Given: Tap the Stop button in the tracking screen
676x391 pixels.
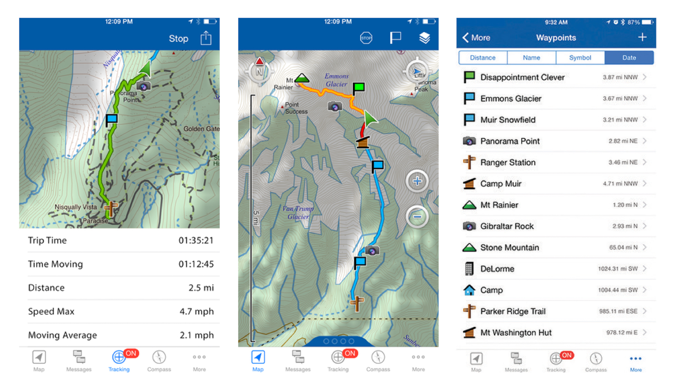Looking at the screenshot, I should [x=178, y=39].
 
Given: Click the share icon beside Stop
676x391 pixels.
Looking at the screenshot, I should [x=206, y=38].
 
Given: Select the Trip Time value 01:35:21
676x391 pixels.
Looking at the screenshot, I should [x=196, y=241].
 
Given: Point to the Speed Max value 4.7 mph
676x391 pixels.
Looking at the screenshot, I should [x=196, y=312].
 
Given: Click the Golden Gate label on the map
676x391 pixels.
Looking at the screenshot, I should [x=201, y=129].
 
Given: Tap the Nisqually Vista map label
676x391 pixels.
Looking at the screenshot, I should [x=76, y=207].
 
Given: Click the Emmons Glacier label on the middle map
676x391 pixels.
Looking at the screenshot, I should [x=337, y=80].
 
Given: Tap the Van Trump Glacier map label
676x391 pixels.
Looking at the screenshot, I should [x=298, y=213].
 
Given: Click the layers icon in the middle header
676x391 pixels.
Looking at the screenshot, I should [x=424, y=38].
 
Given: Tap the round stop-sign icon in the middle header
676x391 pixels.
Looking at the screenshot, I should [x=366, y=38].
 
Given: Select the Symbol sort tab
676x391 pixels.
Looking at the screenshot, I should [x=580, y=58].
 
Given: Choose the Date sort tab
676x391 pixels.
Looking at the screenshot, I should [x=629, y=58].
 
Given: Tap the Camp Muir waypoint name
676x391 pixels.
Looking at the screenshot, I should [x=501, y=184].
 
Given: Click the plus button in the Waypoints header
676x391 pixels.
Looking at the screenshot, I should [x=642, y=37].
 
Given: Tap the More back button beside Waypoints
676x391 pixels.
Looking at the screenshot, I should [x=476, y=38].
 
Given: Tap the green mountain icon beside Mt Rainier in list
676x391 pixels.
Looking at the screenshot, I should [x=469, y=205].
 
